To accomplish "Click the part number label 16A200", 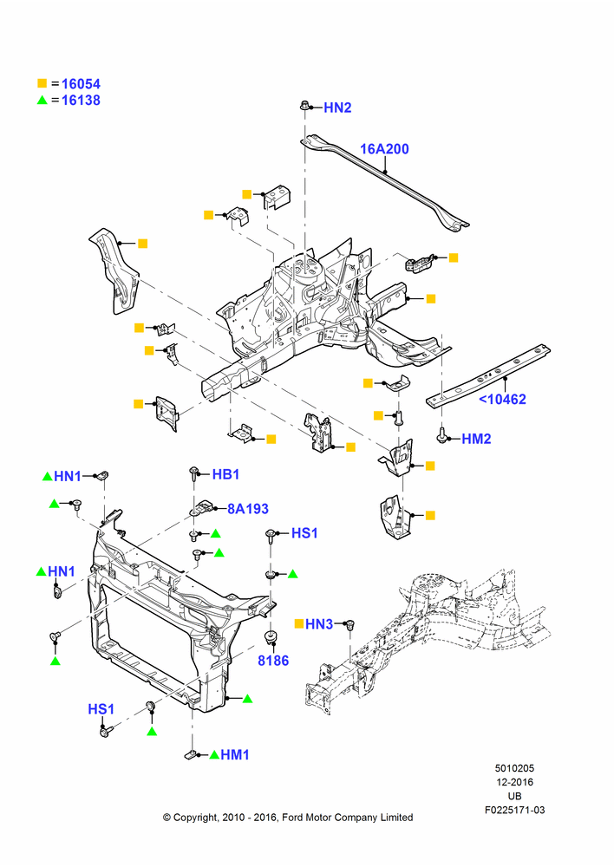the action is click(x=384, y=149).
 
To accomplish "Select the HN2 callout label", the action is click(x=337, y=108).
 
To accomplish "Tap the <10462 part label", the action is click(x=502, y=399).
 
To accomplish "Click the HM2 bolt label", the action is click(x=476, y=439).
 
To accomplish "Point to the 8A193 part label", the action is click(x=248, y=509).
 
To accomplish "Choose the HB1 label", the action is click(x=225, y=474).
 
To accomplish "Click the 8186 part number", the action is click(x=273, y=660).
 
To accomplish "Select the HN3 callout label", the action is click(x=319, y=624).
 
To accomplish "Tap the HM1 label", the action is click(x=235, y=754).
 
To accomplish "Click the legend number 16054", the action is click(x=81, y=84).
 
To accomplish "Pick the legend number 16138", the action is click(x=81, y=100).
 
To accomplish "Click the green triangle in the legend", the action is click(x=42, y=100).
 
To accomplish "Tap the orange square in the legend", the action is click(x=42, y=83).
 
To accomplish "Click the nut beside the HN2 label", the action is click(x=304, y=105).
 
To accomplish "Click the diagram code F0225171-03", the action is click(x=514, y=810).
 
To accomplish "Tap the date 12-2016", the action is click(x=514, y=782).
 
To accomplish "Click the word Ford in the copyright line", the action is click(x=294, y=818).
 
